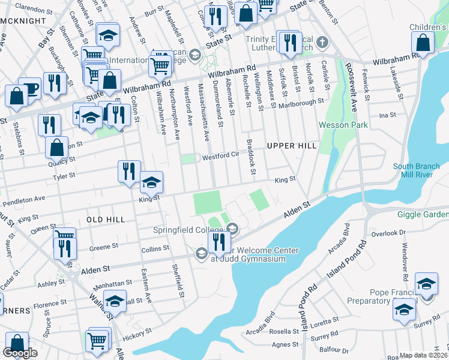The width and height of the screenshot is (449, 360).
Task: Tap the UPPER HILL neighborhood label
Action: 291,146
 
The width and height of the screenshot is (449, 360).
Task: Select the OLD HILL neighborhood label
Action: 106,220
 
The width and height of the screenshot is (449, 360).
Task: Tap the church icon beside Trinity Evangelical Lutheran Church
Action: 323,42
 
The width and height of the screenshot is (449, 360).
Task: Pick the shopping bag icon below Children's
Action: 423,43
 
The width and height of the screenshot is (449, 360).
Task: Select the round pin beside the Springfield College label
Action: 232,228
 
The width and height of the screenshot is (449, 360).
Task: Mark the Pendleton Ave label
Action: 23,198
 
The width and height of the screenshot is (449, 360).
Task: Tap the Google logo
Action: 20,353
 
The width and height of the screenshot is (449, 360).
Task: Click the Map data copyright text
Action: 424,355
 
